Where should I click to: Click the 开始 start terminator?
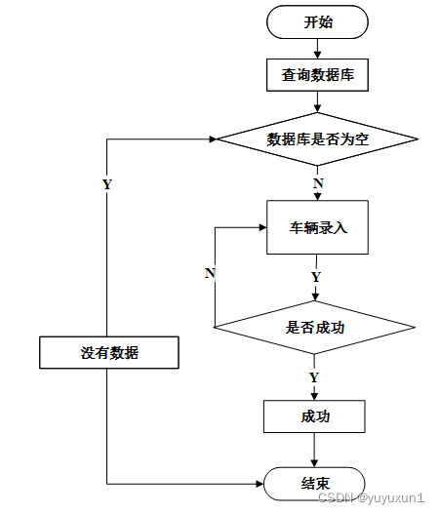[x=317, y=22]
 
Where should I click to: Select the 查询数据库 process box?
[x=317, y=75]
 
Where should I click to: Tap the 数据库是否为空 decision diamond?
[x=317, y=139]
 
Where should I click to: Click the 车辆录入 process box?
[x=317, y=227]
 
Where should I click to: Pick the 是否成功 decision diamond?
[x=314, y=327]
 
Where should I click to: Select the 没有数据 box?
[x=109, y=353]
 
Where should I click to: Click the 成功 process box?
[x=314, y=416]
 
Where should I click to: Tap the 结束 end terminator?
[x=314, y=484]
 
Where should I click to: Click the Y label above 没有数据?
[x=107, y=184]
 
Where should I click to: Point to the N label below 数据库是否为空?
[x=318, y=183]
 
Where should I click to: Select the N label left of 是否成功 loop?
[x=210, y=273]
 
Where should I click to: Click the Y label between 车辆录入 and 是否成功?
[x=316, y=277]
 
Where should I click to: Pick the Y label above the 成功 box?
[x=314, y=377]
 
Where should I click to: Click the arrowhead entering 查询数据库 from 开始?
[x=317, y=55]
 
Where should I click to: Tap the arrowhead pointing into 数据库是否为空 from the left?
[x=213, y=139]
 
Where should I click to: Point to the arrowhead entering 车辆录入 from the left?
[x=262, y=227]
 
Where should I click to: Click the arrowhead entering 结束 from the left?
[x=259, y=484]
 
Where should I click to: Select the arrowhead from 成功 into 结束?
[x=314, y=463]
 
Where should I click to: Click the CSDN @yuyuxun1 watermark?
[x=371, y=497]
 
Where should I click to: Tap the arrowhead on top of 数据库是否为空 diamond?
[x=317, y=108]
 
